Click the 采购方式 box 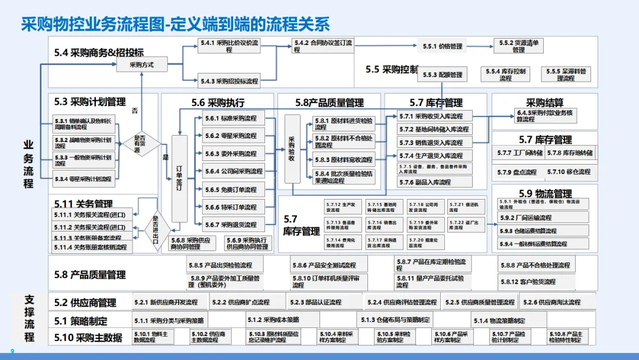[141, 65]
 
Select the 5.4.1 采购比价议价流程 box [229, 46]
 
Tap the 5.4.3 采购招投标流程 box [229, 81]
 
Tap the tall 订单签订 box [179, 178]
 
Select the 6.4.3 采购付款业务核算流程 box [544, 115]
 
